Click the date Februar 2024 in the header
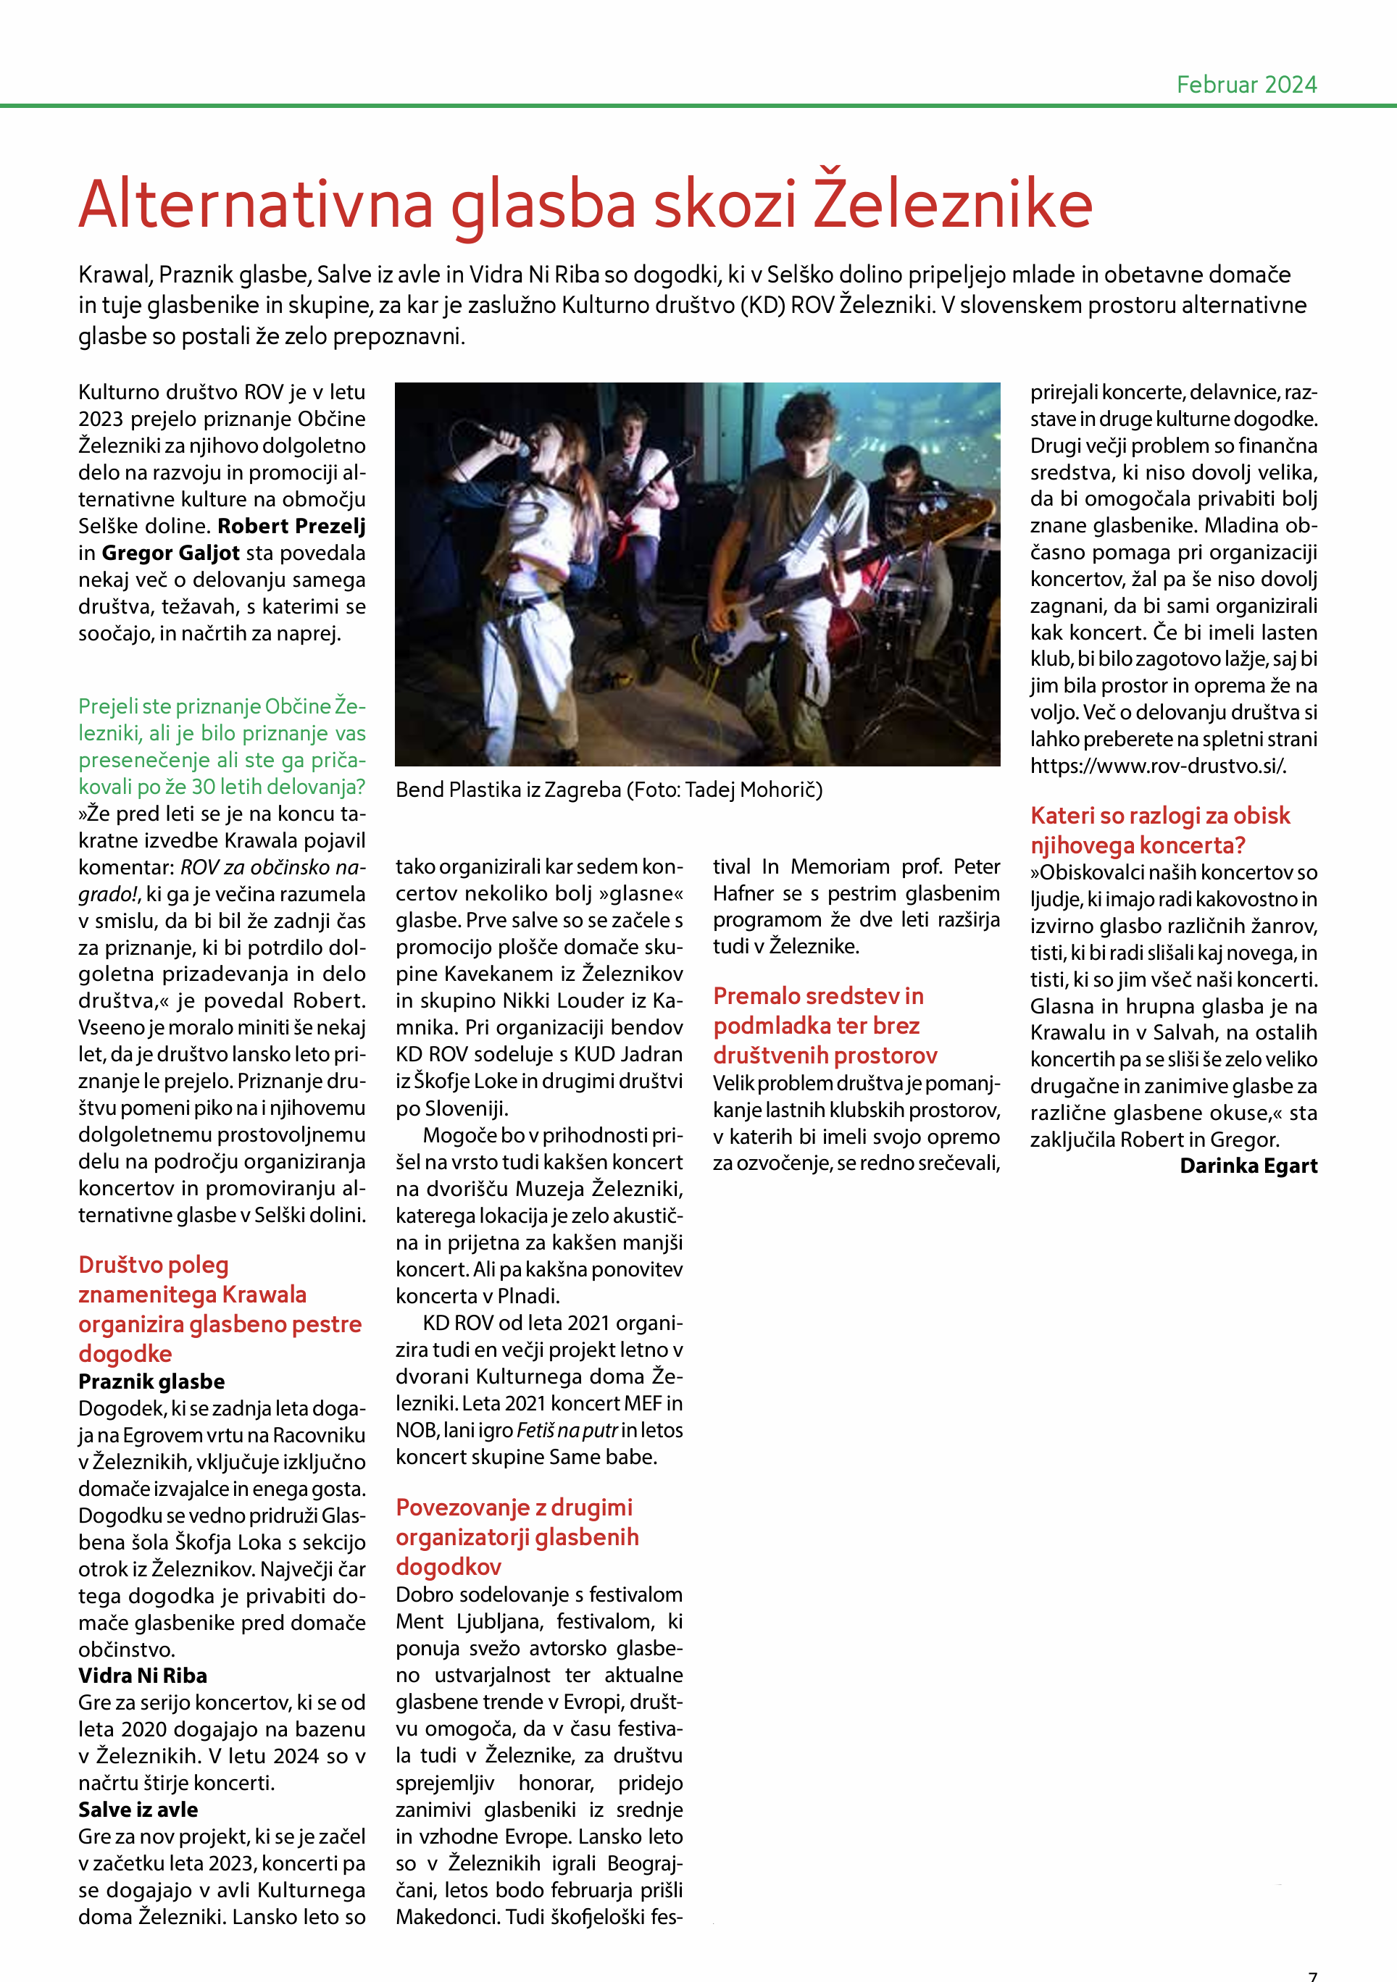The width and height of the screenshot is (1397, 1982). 1246,85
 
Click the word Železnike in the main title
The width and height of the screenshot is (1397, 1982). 954,204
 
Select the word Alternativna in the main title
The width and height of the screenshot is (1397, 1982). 256,204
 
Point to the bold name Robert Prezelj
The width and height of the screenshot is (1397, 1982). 292,526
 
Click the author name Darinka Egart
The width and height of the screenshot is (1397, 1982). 1248,1166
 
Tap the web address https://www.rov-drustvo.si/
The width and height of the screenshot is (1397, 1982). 1158,766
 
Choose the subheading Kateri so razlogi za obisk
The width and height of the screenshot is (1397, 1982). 1159,816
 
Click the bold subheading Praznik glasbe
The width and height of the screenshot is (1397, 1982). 152,1381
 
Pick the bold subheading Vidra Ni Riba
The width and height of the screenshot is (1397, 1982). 143,1676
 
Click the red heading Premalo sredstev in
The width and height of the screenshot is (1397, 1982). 817,996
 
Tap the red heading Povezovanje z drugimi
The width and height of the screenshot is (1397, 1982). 514,1508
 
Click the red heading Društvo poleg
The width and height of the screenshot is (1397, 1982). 154,1265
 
